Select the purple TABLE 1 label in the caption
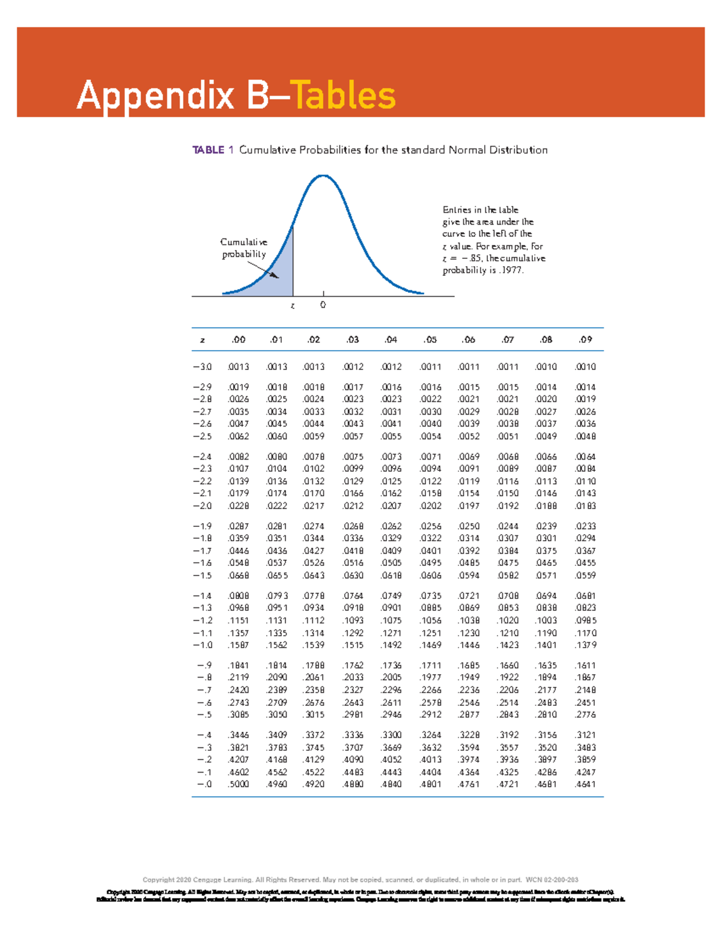point(212,150)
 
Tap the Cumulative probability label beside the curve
point(244,248)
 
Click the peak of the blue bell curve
point(323,175)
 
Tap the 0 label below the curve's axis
point(323,305)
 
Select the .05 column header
point(430,339)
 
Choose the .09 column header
point(585,339)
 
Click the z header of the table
point(202,340)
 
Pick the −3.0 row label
point(202,366)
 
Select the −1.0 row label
point(202,645)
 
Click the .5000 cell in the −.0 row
point(239,784)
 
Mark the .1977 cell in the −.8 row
point(431,678)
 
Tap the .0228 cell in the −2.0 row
point(239,506)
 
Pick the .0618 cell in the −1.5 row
point(391,576)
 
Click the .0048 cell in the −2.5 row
point(585,436)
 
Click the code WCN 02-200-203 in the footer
point(552,880)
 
